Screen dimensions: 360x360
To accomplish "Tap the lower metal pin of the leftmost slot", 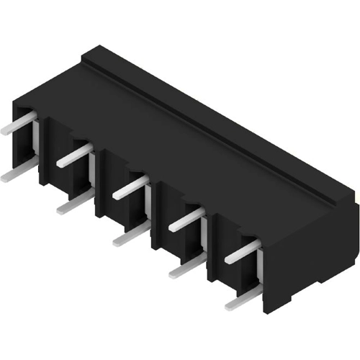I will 16,172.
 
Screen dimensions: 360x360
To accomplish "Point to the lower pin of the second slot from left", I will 73,205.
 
